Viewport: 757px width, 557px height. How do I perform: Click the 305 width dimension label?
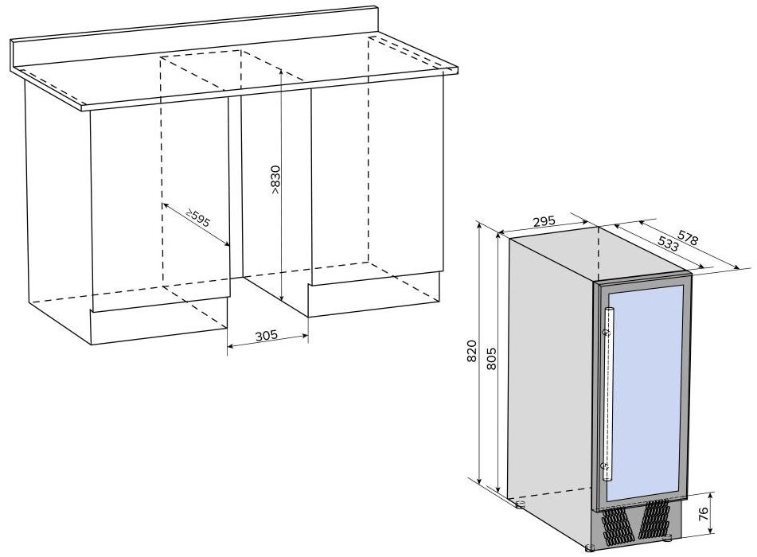(267, 335)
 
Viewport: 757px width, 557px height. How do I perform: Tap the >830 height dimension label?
(275, 180)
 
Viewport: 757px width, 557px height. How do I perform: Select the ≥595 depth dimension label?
(198, 219)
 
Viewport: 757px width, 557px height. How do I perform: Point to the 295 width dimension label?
(544, 221)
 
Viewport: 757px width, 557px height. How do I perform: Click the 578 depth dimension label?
(688, 238)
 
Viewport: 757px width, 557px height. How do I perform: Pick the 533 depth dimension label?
(668, 243)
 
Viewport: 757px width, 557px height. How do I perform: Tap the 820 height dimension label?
(472, 351)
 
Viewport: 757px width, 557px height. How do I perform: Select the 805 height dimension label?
(491, 358)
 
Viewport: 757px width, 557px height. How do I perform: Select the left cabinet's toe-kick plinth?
(159, 326)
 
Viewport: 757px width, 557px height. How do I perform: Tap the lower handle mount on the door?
(604, 465)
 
